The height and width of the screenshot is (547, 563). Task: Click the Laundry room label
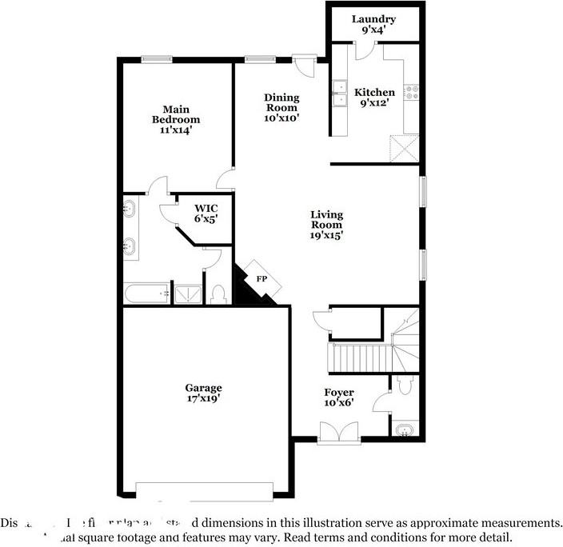pos(374,19)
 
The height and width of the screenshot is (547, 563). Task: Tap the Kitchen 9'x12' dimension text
pos(374,103)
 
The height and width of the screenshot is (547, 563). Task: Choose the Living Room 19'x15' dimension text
pos(326,236)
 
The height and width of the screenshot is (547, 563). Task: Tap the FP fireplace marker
pos(261,279)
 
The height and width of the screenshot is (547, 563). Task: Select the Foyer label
pos(339,392)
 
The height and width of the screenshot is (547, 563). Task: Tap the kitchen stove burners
pos(413,92)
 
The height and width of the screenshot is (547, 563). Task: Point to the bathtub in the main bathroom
pos(146,293)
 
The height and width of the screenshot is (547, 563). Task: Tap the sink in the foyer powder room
pos(405,431)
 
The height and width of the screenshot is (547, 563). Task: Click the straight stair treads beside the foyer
pos(359,354)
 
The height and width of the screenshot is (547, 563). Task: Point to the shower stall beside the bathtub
pos(188,293)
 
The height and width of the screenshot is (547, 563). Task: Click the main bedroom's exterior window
pos(158,58)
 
